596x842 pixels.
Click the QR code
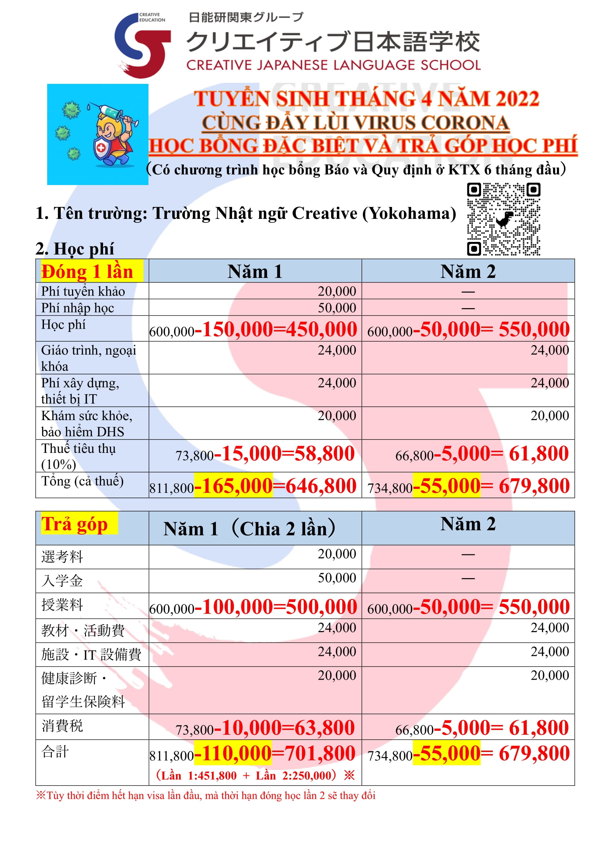click(x=503, y=219)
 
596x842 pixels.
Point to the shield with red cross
click(x=101, y=149)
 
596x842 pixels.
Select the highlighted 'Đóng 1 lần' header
click(x=87, y=272)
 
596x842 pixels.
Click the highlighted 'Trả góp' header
click(x=75, y=524)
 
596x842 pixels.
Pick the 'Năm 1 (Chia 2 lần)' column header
click(x=249, y=528)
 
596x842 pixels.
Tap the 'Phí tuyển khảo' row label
click(x=83, y=291)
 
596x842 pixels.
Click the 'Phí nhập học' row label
click(x=77, y=308)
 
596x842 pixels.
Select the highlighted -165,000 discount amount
click(x=233, y=486)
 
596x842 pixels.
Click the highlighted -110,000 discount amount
click(x=233, y=753)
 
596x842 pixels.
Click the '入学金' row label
click(x=62, y=581)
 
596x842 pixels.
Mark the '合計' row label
click(x=55, y=751)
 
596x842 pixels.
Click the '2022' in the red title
click(x=517, y=99)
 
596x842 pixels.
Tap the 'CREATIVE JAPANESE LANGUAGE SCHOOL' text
click(x=333, y=65)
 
